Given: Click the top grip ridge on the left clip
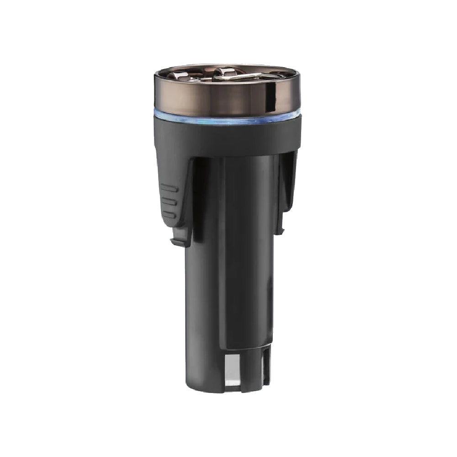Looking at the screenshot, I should (x=169, y=188).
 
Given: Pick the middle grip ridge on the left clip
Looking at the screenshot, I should (x=169, y=201).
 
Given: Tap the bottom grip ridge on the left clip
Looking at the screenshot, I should (x=169, y=214).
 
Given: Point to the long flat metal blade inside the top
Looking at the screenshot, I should (x=242, y=77).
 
